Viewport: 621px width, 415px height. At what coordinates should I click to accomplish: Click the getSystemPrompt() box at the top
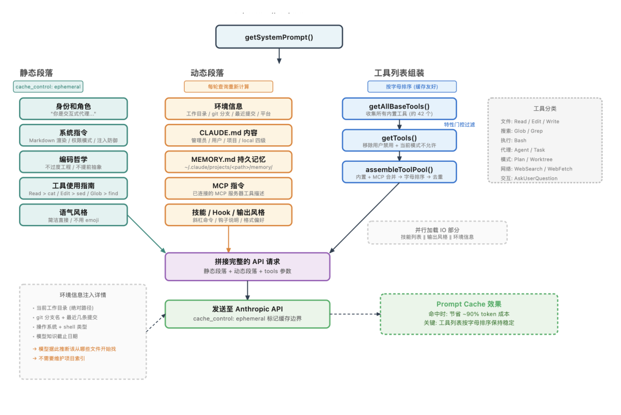pos(279,37)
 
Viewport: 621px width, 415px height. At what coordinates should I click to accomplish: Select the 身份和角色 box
pos(74,109)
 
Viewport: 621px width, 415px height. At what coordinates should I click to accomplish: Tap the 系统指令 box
pos(74,135)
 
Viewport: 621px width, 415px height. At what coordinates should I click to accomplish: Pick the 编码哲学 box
pos(74,162)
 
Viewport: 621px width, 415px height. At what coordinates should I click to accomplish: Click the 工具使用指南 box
pos(74,188)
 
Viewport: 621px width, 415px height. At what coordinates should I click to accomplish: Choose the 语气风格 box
pos(74,215)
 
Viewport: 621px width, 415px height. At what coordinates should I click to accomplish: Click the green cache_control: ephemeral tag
pos(48,87)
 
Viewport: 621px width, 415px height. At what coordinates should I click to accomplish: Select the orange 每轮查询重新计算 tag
pos(228,87)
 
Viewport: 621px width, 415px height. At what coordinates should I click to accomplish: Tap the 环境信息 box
pos(228,109)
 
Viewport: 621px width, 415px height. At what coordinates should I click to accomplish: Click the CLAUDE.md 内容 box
pos(228,135)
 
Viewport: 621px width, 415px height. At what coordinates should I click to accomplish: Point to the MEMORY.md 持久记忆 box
pos(228,162)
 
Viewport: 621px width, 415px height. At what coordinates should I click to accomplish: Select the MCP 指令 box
pos(228,188)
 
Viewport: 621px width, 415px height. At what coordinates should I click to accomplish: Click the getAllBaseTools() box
pos(399,109)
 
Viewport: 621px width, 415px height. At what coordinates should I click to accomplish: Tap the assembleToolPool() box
pos(399,172)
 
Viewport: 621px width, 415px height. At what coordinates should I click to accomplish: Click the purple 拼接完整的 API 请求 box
pos(247,266)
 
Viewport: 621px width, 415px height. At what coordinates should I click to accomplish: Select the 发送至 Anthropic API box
pos(247,313)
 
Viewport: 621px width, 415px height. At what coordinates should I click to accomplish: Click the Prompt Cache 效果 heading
pos(469,304)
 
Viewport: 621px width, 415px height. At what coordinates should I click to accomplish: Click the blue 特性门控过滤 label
pos(459,125)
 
